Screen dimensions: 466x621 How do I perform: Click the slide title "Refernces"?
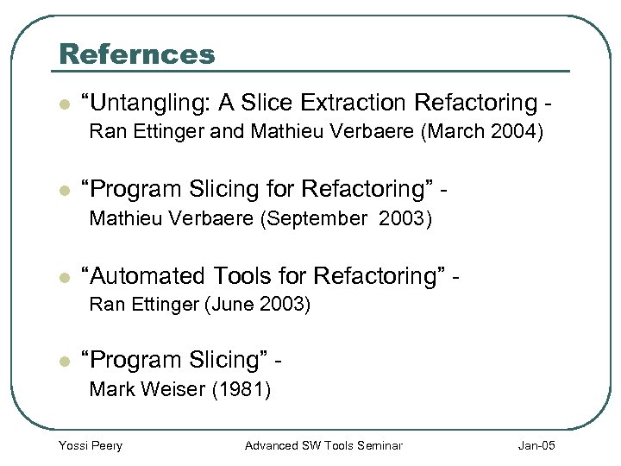point(136,54)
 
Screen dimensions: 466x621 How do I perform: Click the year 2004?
point(517,133)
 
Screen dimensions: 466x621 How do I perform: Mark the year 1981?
point(241,390)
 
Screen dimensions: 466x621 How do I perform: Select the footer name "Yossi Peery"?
point(90,445)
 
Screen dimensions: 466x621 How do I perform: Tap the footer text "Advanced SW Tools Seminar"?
point(323,445)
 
